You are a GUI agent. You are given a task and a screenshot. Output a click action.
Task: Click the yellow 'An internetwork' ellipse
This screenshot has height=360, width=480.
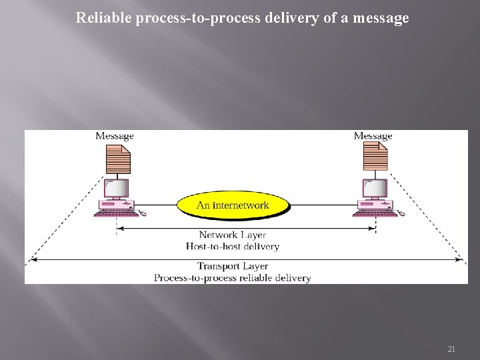(232, 205)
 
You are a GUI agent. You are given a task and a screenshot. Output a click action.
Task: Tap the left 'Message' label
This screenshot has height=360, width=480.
(115, 136)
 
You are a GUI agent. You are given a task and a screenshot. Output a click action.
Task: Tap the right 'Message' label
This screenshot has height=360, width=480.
(373, 136)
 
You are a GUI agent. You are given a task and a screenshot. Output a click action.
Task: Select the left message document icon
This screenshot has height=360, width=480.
(118, 159)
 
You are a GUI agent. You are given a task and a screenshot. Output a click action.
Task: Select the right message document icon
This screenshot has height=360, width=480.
(375, 159)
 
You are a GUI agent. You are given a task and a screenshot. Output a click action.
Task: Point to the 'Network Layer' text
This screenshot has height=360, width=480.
(233, 235)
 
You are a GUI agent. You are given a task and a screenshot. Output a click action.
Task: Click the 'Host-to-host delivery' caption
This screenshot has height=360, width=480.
(233, 246)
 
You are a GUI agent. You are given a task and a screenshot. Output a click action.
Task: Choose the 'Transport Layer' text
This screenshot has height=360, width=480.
(233, 266)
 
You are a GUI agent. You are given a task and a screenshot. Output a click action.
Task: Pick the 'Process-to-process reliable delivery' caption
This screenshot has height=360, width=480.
(233, 277)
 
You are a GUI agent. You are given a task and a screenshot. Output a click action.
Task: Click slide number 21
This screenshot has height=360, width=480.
(451, 349)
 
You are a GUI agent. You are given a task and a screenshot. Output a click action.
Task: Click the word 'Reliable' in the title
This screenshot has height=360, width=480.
(104, 18)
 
